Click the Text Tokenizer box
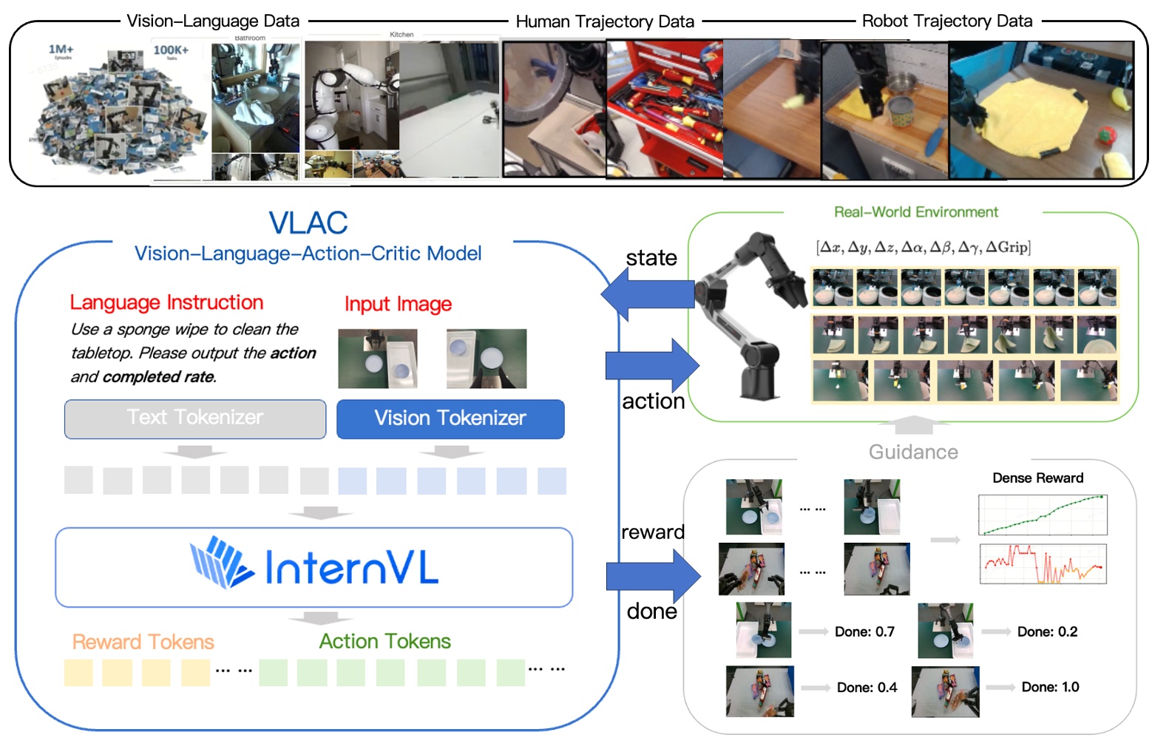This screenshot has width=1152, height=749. [195, 418]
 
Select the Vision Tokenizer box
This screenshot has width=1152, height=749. [450, 418]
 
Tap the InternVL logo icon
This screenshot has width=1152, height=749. [220, 563]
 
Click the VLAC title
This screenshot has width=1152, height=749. [308, 223]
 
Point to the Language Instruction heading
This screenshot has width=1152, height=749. [166, 302]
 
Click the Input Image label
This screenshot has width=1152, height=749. [398, 304]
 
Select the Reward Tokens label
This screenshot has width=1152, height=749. [143, 642]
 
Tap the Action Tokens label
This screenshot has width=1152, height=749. [384, 641]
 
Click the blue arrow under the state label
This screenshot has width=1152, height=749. [647, 294]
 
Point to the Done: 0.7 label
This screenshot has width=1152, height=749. [864, 632]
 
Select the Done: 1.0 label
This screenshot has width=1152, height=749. [1050, 688]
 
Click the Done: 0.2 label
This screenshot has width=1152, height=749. [1047, 632]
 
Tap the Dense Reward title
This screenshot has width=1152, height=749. [1037, 478]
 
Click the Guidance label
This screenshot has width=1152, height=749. [913, 453]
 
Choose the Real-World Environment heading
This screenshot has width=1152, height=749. [915, 212]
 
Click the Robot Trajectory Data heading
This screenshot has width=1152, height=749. [946, 21]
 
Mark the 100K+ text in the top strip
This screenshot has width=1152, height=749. [171, 50]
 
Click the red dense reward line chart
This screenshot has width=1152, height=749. [1043, 564]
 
